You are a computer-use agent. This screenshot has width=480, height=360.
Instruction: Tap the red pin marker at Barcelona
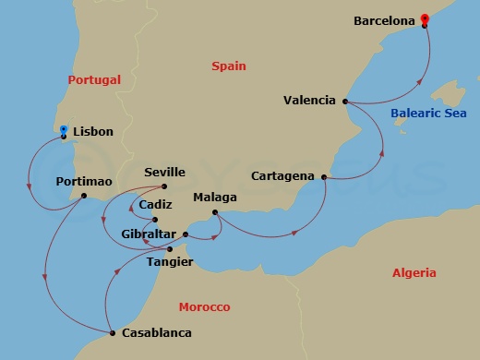pyautogui.click(x=424, y=18)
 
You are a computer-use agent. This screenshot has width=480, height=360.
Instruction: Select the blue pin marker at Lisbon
pyautogui.click(x=63, y=130)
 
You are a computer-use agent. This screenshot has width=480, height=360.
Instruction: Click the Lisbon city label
pyautogui.click(x=92, y=132)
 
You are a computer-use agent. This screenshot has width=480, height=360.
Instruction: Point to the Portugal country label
pyautogui.click(x=94, y=80)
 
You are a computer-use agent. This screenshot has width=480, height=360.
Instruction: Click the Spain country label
pyautogui.click(x=227, y=66)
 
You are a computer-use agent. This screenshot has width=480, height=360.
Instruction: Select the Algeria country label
pyautogui.click(x=414, y=273)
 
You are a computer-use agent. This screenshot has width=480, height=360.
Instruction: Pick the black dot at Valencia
pyautogui.click(x=344, y=101)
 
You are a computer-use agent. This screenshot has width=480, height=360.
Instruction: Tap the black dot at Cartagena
pyautogui.click(x=325, y=175)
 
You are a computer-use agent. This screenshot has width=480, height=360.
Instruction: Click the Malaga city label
pyautogui.click(x=215, y=198)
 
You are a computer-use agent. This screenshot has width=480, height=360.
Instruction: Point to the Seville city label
pyautogui.click(x=166, y=173)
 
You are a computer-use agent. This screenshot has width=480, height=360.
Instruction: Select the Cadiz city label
pyautogui.click(x=155, y=206)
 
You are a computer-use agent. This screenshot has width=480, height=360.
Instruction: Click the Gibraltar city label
pyautogui.click(x=150, y=234)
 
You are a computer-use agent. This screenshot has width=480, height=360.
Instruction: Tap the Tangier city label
pyautogui.click(x=170, y=262)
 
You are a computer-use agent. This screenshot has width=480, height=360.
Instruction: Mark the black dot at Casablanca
pyautogui.click(x=112, y=332)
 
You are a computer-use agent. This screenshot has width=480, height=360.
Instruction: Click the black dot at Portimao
pyautogui.click(x=83, y=196)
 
